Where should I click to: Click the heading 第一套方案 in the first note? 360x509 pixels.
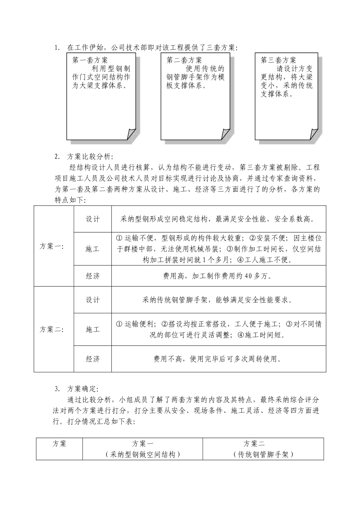pyautogui.click(x=90, y=60)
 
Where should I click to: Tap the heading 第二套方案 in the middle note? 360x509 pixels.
pyautogui.click(x=184, y=60)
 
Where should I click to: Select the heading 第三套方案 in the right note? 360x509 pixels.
pyautogui.click(x=278, y=60)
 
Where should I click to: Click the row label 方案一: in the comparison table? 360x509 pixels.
pyautogui.click(x=52, y=246)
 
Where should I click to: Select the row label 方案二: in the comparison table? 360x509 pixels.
pyautogui.click(x=52, y=329)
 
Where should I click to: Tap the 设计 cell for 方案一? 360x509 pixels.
pyautogui.click(x=92, y=219)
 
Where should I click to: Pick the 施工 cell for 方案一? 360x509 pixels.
pyautogui.click(x=92, y=249)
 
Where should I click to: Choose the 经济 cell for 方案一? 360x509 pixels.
pyautogui.click(x=92, y=276)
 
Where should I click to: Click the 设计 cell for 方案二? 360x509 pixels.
pyautogui.click(x=92, y=300)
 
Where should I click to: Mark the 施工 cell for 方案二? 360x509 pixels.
pyautogui.click(x=92, y=329)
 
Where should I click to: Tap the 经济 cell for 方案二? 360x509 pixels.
pyautogui.click(x=92, y=359)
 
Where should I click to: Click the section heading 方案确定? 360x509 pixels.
pyautogui.click(x=83, y=389)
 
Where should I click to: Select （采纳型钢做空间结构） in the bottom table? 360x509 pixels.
pyautogui.click(x=142, y=454)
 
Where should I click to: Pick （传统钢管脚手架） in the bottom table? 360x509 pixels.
pyautogui.click(x=263, y=454)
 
